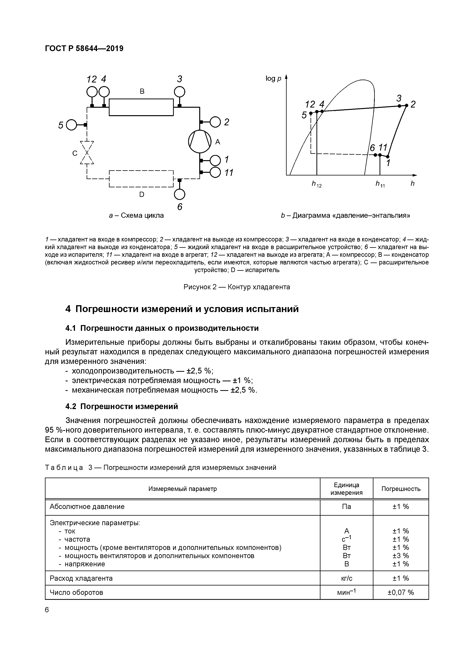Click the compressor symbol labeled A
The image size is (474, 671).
click(x=199, y=141)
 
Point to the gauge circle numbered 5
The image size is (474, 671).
click(x=71, y=125)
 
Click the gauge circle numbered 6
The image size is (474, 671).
click(x=180, y=195)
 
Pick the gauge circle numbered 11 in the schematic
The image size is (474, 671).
click(x=215, y=172)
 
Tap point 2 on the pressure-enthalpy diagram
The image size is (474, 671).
click(x=406, y=105)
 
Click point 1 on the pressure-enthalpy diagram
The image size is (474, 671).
click(x=388, y=157)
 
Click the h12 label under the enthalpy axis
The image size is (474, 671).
click(x=316, y=184)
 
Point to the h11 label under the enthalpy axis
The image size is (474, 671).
click(x=380, y=184)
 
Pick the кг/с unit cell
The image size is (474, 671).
click(x=346, y=578)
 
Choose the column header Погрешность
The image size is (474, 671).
click(x=401, y=489)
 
